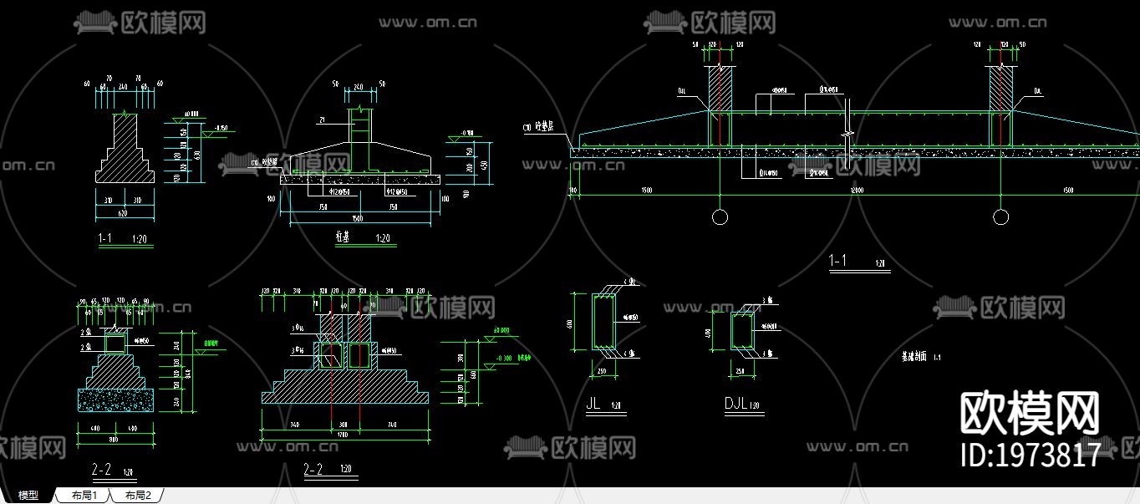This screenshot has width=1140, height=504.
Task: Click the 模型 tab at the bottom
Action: (28, 496)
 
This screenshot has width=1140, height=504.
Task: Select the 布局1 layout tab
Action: (84, 496)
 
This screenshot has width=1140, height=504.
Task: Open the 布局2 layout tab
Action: (138, 496)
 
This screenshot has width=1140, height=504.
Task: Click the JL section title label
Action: (594, 403)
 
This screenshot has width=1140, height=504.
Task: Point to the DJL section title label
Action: (735, 405)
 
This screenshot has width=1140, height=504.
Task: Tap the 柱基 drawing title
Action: (342, 238)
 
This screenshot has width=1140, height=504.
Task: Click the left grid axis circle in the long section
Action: (720, 217)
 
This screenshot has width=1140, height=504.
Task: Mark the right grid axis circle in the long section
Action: (1000, 217)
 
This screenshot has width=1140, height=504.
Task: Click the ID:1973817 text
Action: (1031, 456)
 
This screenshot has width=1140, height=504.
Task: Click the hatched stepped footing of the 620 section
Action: (125, 155)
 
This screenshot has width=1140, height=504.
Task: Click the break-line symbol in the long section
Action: (847, 134)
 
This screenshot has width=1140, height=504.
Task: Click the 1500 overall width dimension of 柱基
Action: (359, 220)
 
